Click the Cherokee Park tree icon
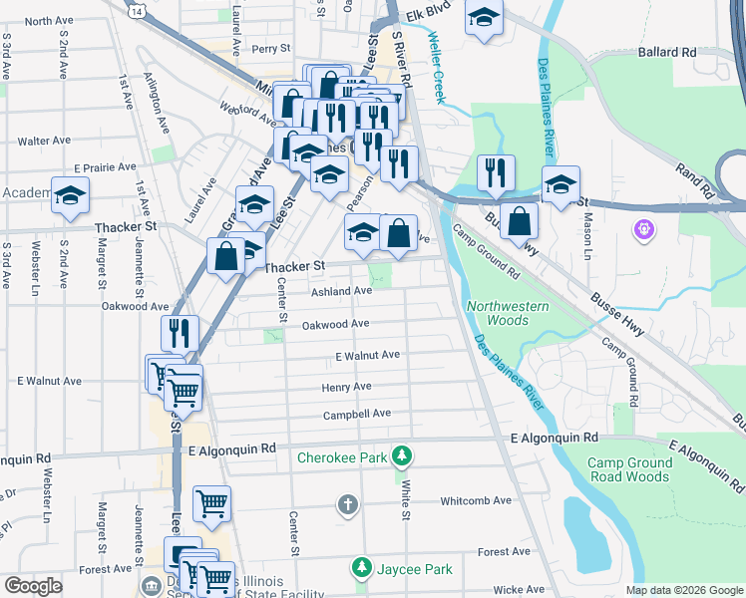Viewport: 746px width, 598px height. tap(401, 456)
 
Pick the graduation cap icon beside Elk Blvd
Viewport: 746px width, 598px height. tap(484, 18)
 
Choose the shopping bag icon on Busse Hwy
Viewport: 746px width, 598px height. tap(520, 220)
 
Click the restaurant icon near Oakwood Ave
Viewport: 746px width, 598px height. tap(180, 332)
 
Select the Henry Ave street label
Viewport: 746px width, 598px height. tap(346, 387)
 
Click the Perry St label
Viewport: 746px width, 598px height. tap(270, 48)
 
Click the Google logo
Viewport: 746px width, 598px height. tap(33, 586)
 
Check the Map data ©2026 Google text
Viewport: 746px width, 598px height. tap(683, 590)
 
